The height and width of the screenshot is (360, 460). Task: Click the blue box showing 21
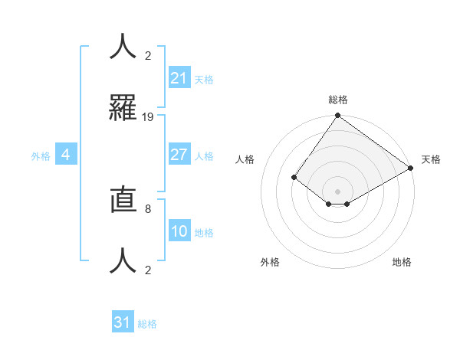click(179, 78)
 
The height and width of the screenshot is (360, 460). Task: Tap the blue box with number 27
click(179, 155)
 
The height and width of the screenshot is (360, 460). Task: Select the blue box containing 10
click(179, 231)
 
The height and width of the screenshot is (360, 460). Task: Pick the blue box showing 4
click(66, 155)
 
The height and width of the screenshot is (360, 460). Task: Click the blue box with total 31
click(123, 322)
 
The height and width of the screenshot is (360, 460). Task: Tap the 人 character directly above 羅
click(123, 46)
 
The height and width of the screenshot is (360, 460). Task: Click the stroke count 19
click(148, 117)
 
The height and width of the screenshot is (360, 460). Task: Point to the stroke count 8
click(147, 207)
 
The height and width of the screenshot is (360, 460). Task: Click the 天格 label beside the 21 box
click(204, 80)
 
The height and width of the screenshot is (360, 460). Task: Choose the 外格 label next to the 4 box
click(41, 156)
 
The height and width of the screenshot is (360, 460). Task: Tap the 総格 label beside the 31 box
click(147, 324)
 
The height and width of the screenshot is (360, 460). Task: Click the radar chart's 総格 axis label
click(338, 100)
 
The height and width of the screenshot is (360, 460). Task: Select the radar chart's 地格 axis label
click(402, 262)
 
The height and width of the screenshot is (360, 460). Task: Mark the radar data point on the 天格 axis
click(411, 169)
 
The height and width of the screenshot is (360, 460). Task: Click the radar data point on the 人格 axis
click(294, 177)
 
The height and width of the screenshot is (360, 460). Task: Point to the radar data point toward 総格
click(337, 116)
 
